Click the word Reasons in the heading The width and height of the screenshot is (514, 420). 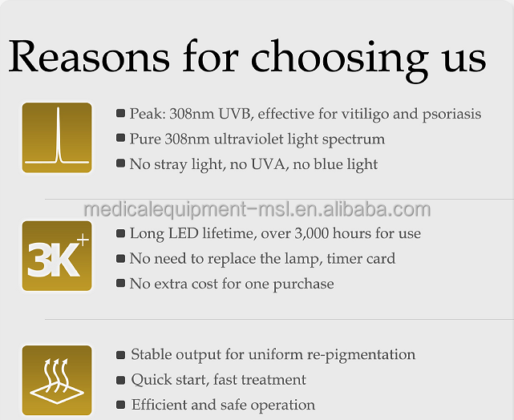point(89,55)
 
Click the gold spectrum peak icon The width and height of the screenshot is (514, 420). point(57,138)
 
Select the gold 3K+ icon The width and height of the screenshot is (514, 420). point(57,256)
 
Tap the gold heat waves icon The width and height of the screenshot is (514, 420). point(57,381)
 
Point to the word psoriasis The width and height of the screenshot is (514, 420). point(451,115)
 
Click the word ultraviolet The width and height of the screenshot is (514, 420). point(249,139)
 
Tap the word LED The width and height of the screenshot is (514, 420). point(184,233)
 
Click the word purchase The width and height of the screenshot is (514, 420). point(304,285)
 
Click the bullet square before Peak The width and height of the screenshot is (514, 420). point(120,113)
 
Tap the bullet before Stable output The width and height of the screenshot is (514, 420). point(120,355)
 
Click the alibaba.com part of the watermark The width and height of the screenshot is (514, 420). point(377,210)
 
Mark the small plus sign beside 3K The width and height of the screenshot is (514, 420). point(83,240)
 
